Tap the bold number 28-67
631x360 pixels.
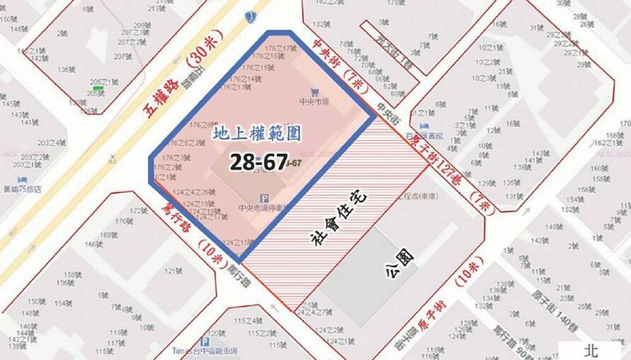pyautogui.click(x=256, y=162)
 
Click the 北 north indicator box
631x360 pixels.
pyautogui.click(x=591, y=349)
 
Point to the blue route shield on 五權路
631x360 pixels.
pyautogui.click(x=250, y=16)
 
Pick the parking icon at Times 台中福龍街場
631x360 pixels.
pyautogui.click(x=205, y=341)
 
